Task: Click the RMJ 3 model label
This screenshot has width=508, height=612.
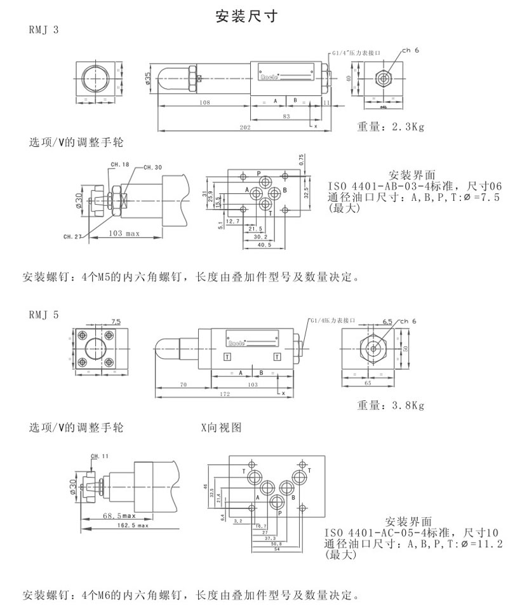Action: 44,30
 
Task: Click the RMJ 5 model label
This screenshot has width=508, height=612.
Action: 44,314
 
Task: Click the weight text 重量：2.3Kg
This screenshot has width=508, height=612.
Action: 389,127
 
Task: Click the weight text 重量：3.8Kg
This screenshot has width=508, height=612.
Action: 390,405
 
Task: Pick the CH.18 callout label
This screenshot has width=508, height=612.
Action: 119,165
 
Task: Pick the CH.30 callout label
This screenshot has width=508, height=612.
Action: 152,167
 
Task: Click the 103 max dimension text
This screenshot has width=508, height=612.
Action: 124,234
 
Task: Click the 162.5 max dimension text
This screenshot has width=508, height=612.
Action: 133,526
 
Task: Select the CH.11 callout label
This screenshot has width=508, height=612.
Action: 100,456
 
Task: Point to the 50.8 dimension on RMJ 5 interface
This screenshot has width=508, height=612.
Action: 276,543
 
